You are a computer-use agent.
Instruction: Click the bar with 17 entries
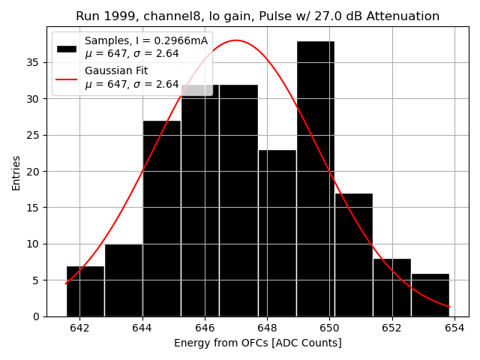pyautogui.click(x=353, y=255)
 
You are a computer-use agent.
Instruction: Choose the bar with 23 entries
pyautogui.click(x=277, y=233)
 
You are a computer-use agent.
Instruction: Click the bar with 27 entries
pyautogui.click(x=161, y=218)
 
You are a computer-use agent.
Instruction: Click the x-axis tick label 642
pyautogui.click(x=79, y=328)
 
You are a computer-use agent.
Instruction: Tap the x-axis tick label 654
pyautogui.click(x=454, y=328)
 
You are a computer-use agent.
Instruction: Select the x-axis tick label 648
pyautogui.click(x=267, y=328)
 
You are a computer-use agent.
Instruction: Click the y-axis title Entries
pyautogui.click(x=16, y=172)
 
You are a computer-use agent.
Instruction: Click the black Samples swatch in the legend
pyautogui.click(x=67, y=48)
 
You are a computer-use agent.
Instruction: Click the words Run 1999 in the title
pyautogui.click(x=102, y=16)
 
